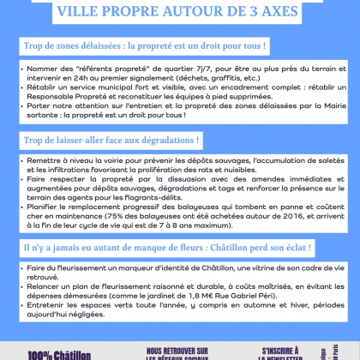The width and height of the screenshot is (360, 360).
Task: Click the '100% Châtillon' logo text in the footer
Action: [47, 353]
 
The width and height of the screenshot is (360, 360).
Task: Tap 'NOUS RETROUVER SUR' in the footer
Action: [177, 351]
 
